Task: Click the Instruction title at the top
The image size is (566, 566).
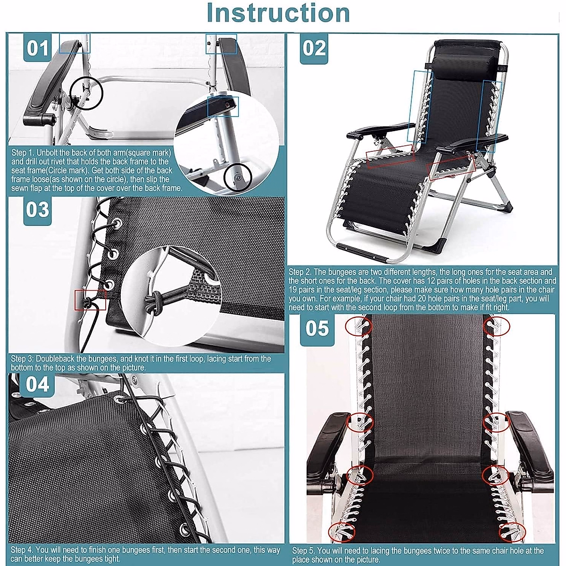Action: (x=278, y=14)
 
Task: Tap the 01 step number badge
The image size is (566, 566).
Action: (x=37, y=48)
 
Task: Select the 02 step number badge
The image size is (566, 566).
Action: (x=314, y=49)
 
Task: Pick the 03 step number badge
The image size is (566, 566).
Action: (x=37, y=210)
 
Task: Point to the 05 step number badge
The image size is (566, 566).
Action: (x=317, y=328)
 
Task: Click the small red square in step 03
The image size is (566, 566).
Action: (x=90, y=300)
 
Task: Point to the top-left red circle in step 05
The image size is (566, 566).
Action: (x=358, y=326)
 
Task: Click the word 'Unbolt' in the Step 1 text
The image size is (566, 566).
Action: (x=48, y=152)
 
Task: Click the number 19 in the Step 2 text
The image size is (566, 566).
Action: (x=292, y=290)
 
